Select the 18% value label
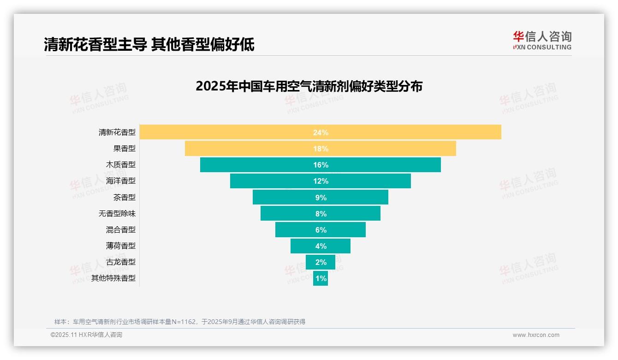coord(321,149)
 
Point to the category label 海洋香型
coord(121,181)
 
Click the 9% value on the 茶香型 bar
coord(321,198)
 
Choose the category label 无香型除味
coord(117,214)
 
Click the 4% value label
coord(321,246)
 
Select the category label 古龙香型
coord(121,262)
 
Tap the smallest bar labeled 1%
coord(321,278)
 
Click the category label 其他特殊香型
coord(113,278)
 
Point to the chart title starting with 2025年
coord(309,86)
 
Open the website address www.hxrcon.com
coord(536,335)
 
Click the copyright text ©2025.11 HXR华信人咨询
coord(86,335)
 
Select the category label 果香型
coord(125,149)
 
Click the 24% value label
coord(321,132)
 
